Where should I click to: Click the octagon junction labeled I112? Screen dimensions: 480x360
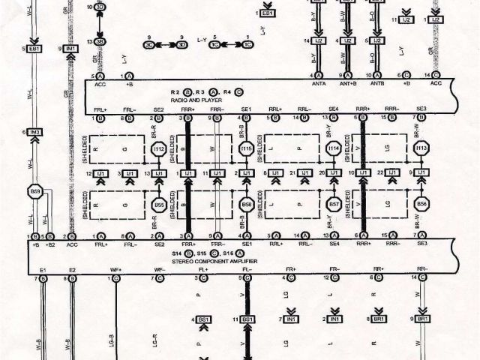(x=158, y=150)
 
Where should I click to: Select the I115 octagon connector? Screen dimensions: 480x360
(x=246, y=150)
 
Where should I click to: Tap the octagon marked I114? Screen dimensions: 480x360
(x=334, y=150)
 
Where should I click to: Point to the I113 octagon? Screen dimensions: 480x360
(x=421, y=150)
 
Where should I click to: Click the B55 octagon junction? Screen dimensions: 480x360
(x=158, y=204)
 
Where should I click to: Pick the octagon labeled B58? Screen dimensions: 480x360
(x=246, y=204)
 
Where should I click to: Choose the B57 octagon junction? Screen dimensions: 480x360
(x=334, y=204)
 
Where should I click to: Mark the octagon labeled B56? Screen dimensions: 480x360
(x=421, y=204)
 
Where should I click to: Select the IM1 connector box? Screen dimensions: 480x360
(x=71, y=49)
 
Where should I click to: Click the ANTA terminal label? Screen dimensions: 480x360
(x=318, y=85)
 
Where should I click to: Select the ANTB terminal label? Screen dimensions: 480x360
(x=375, y=85)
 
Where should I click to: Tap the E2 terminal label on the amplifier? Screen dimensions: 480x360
(x=72, y=268)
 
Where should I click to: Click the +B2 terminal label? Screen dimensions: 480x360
(x=51, y=245)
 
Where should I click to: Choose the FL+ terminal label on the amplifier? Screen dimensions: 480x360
(x=202, y=268)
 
